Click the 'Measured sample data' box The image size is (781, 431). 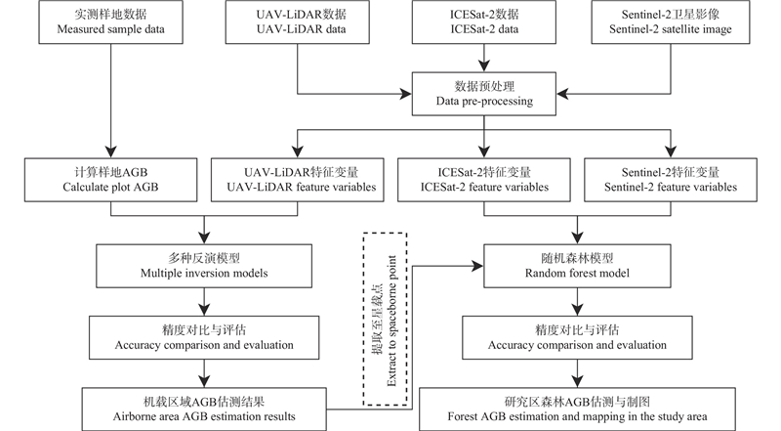(x=110, y=23)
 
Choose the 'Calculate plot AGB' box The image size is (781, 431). (x=110, y=178)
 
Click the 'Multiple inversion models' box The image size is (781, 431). (x=202, y=263)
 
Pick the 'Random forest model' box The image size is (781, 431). (x=576, y=263)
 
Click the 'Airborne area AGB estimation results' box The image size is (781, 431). (x=202, y=408)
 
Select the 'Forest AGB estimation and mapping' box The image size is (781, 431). (x=576, y=408)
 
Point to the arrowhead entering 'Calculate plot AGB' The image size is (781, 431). (x=110, y=153)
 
